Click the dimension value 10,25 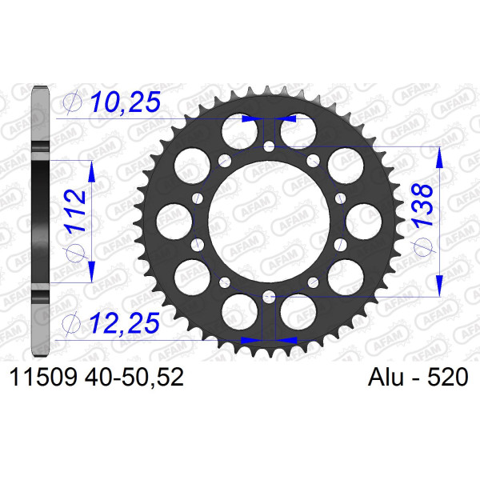pos(126,102)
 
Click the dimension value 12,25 pos(125,322)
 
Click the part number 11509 pos(43,377)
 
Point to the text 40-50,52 pos(134,377)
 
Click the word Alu pos(386,377)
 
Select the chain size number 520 pos(447,377)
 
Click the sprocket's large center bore pos(269,222)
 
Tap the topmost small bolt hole pos(269,147)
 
